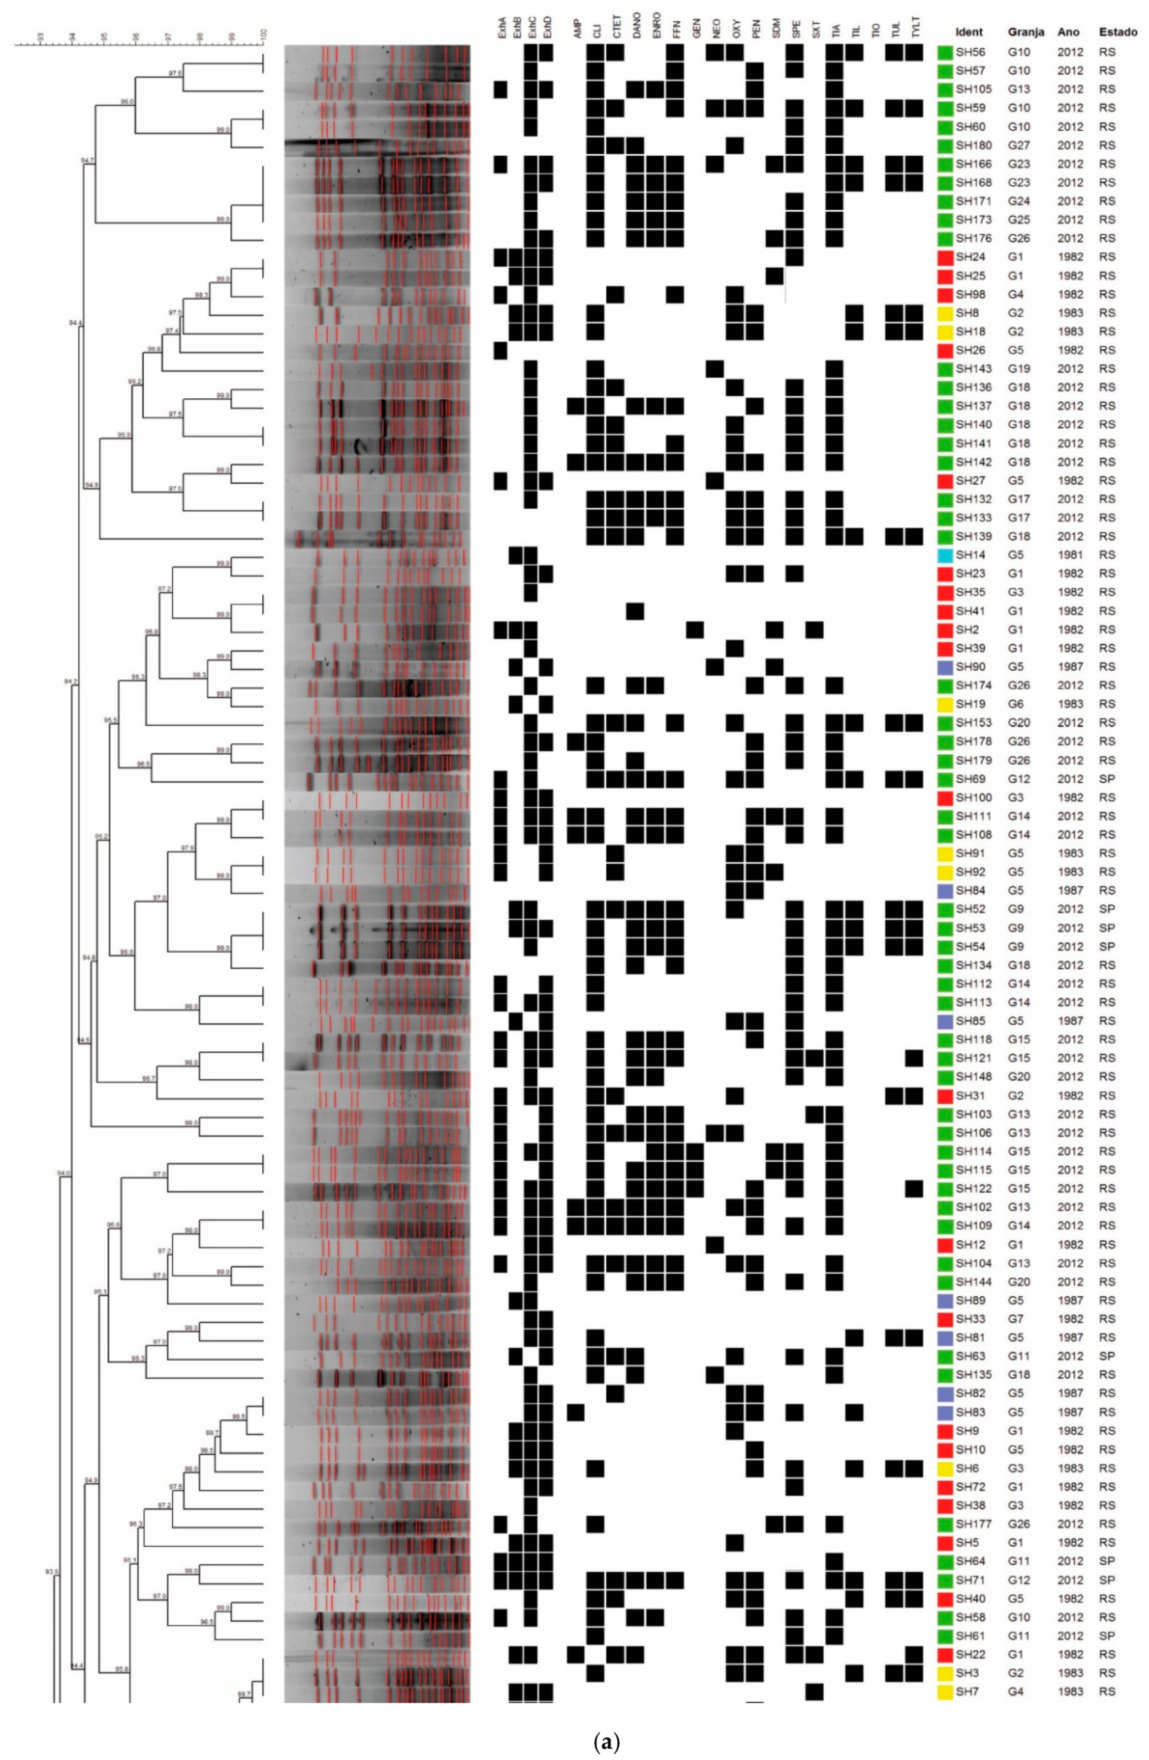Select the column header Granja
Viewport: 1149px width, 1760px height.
tap(1026, 32)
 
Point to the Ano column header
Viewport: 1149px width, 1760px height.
tap(1068, 32)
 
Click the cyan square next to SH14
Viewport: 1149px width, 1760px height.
tap(944, 554)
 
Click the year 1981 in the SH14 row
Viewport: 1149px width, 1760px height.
tap(1069, 554)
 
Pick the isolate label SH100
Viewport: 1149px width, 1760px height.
tap(972, 797)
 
